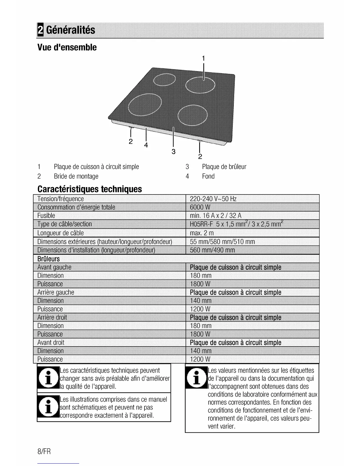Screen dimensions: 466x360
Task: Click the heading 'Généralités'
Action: pyautogui.click(x=71, y=30)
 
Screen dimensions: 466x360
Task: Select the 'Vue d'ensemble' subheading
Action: pyautogui.click(x=67, y=47)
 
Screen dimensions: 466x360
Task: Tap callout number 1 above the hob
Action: pyautogui.click(x=203, y=58)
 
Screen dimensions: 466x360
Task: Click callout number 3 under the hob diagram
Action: pyautogui.click(x=174, y=152)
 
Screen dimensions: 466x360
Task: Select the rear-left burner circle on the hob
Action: pyautogui.click(x=164, y=79)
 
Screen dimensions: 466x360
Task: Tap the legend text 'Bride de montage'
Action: pyautogui.click(x=76, y=176)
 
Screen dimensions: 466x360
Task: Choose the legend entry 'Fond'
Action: pyautogui.click(x=208, y=176)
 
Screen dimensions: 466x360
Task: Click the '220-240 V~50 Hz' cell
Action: pyautogui.click(x=213, y=199)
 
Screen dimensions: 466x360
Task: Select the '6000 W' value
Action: pyautogui.click(x=200, y=207)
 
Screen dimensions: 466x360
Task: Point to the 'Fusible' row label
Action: pyautogui.click(x=46, y=216)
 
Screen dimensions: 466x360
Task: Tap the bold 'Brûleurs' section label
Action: pyautogui.click(x=49, y=259)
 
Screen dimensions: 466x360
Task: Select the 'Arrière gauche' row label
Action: pyautogui.click(x=56, y=292)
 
